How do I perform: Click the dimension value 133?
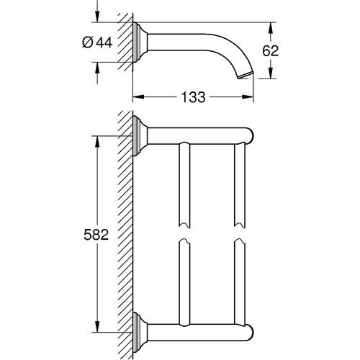coord(193,97)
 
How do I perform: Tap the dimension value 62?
coord(271,51)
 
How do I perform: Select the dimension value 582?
coord(96,235)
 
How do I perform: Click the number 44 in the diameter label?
coord(104,42)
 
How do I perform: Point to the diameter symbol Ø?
coord(87,42)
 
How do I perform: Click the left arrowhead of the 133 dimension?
coord(138,96)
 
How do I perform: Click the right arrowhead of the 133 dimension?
coord(248,96)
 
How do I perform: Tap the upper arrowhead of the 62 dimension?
coord(271,28)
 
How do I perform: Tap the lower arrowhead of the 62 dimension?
coord(271,73)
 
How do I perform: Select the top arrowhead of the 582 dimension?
coord(97,142)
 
